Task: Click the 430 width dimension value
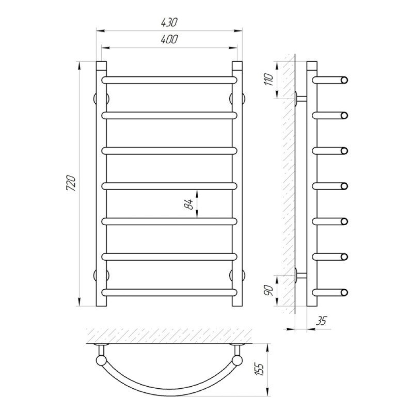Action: click(169, 23)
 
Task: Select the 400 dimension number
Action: click(169, 39)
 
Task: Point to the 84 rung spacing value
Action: click(189, 204)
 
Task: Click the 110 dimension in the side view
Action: click(269, 80)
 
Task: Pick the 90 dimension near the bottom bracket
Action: click(269, 290)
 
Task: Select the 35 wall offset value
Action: click(321, 321)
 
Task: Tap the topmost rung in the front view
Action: click(169, 80)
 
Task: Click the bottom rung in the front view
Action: click(169, 292)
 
